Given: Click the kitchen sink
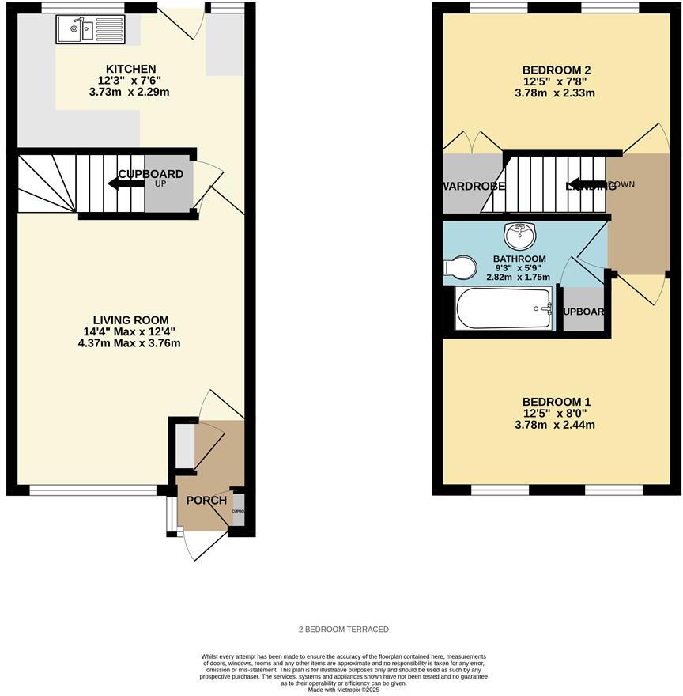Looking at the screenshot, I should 75,30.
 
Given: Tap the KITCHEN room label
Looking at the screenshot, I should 126,70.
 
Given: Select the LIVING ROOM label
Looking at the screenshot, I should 128,320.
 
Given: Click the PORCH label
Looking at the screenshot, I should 206,501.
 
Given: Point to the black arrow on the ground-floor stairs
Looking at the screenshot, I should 126,184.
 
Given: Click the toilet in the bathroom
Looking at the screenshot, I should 460,267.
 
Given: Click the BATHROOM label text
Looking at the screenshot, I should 519,259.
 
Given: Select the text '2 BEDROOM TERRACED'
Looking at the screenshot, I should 343,630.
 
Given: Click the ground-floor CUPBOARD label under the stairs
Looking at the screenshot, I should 151,174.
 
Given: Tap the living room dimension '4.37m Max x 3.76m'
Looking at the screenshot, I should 128,343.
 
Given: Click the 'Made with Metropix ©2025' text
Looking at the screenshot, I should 343,690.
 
